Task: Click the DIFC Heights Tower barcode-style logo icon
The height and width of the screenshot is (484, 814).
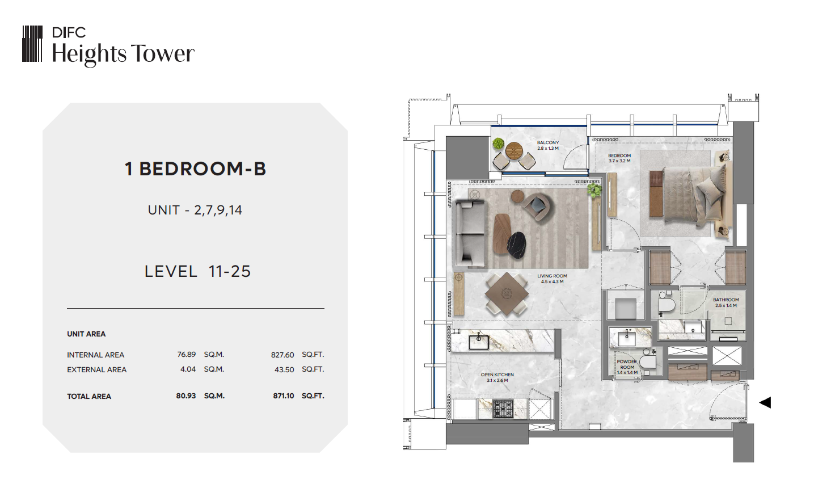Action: point(32,44)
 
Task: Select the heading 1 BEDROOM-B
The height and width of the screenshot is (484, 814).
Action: point(196,169)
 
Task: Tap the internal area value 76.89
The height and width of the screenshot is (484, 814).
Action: point(187,354)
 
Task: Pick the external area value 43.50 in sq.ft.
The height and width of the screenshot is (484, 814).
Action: point(284,369)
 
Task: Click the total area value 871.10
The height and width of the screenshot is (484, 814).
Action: point(284,396)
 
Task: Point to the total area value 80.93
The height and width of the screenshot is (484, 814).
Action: point(186,396)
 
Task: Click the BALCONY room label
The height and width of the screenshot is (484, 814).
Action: point(548,143)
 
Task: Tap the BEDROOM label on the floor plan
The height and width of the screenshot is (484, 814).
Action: point(619,155)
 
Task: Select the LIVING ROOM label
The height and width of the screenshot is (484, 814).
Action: point(552,276)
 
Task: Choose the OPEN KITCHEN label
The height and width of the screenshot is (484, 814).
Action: point(497,374)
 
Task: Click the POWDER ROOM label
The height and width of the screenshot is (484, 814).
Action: point(627,364)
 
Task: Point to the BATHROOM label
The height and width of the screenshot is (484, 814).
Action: point(726,300)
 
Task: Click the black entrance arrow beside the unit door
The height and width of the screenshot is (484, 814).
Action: point(765,403)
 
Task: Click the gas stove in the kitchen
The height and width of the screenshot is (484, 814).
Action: point(503,409)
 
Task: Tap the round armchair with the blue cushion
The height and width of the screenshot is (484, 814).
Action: point(537,206)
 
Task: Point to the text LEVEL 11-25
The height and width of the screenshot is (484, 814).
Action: point(197,271)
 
